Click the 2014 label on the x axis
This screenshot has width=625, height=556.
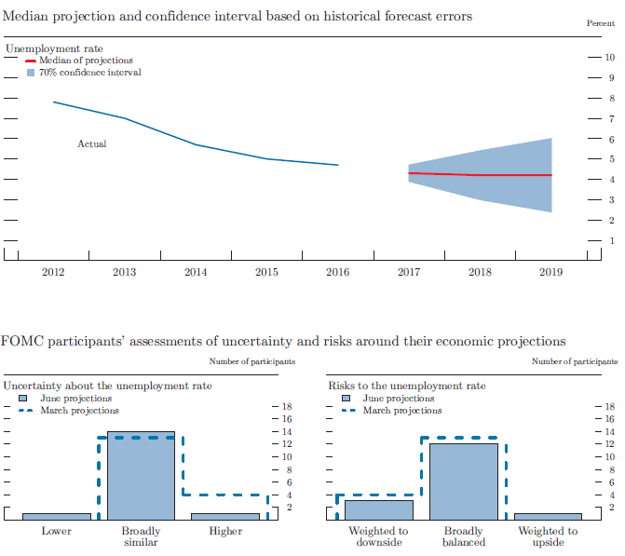pyautogui.click(x=196, y=273)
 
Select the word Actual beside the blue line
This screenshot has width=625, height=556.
pyautogui.click(x=91, y=144)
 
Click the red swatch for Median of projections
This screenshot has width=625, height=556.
pyautogui.click(x=31, y=61)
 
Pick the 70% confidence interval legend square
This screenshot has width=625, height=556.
pyautogui.click(x=31, y=72)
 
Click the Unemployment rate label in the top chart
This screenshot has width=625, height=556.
pyautogui.click(x=54, y=48)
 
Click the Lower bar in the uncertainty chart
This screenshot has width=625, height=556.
pyautogui.click(x=57, y=516)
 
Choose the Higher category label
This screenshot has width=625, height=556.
pyautogui.click(x=225, y=532)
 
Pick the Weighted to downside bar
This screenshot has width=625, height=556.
pyautogui.click(x=378, y=509)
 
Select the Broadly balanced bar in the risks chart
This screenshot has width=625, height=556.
pyautogui.click(x=463, y=481)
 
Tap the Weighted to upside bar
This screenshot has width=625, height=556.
pyautogui.click(x=548, y=516)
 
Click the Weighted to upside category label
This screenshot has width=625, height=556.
pyautogui.click(x=548, y=536)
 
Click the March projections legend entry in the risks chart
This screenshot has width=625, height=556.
pyautogui.click(x=401, y=411)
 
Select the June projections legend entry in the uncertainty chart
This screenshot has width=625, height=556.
pyautogui.click(x=75, y=399)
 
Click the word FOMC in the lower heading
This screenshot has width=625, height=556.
pyautogui.click(x=22, y=342)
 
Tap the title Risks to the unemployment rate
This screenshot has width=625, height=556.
pyautogui.click(x=406, y=386)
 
